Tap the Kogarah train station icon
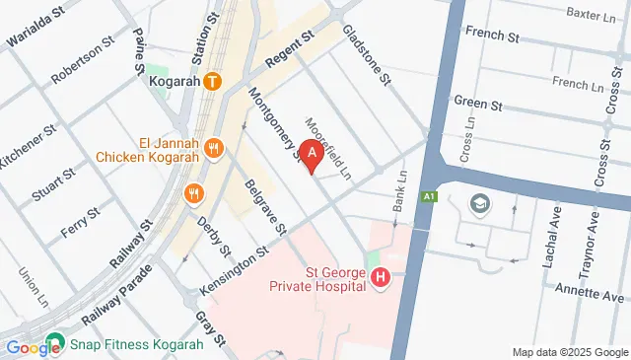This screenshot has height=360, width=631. pos(213,83)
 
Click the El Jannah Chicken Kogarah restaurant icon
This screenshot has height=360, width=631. pos(216,148)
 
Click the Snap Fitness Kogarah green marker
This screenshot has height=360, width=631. pos(61,345)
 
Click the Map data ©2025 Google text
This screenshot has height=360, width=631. pos(569,352)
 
